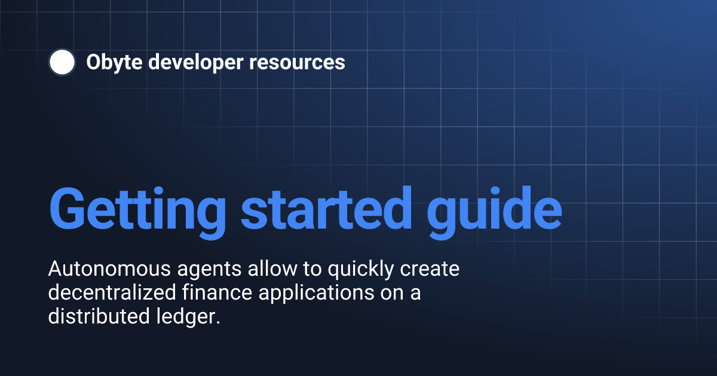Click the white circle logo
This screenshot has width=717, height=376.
(62, 62)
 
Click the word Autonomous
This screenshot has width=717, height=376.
(105, 270)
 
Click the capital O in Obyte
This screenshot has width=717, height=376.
(93, 62)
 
